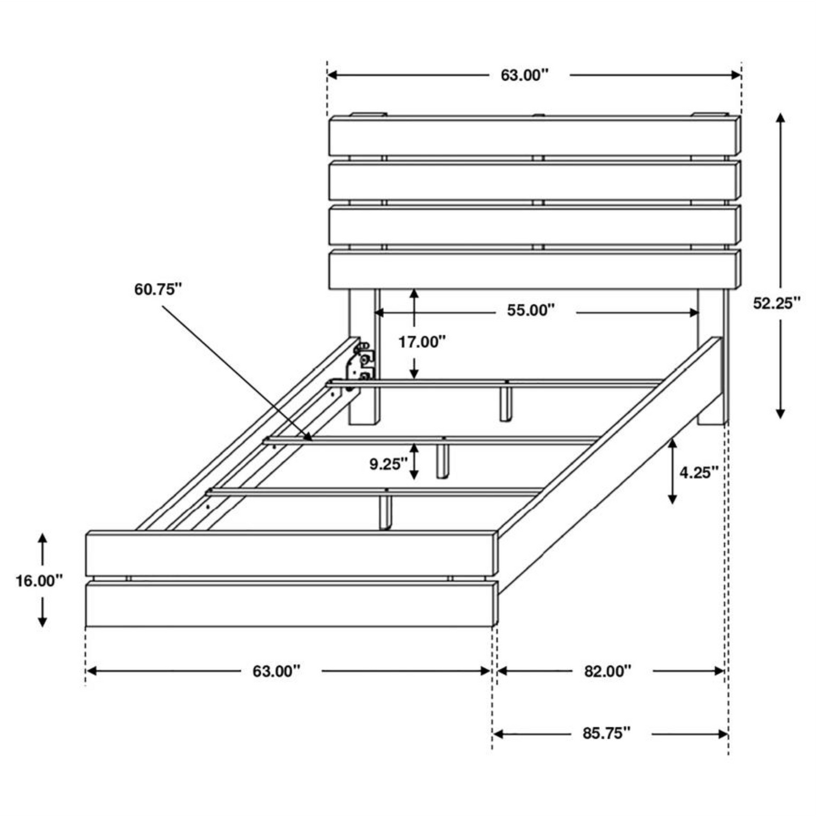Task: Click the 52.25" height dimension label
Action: pos(776,304)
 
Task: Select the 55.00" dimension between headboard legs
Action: pos(530,310)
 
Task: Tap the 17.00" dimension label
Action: pos(422,342)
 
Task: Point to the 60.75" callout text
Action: pos(158,289)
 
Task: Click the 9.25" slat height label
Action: pos(388,464)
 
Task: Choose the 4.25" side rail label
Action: pos(698,472)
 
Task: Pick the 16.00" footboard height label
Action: pos(38,581)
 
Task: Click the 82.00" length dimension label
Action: pos(607,671)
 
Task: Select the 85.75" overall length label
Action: pos(606,733)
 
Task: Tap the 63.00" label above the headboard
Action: pos(524,75)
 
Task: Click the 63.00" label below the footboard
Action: pos(276,671)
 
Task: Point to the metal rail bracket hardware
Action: pos(362,364)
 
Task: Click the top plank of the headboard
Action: pos(534,136)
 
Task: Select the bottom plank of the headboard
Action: pos(534,270)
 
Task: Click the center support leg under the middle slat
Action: pos(443,461)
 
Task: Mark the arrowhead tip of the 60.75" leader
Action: pos(312,439)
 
